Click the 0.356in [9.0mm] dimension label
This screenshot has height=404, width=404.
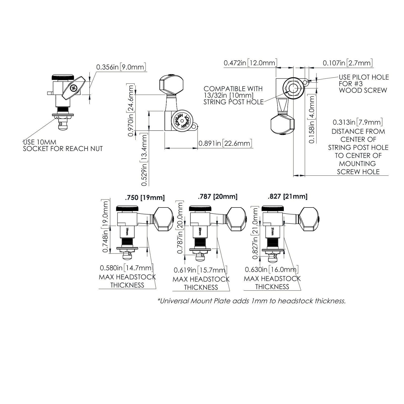point(121,67)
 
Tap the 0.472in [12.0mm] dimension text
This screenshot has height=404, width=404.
point(250,63)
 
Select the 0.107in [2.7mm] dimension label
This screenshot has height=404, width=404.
point(347,63)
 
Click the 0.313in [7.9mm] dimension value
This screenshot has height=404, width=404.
point(358,122)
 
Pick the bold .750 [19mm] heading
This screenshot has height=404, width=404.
point(145,197)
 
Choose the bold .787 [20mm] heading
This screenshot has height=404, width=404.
point(218,196)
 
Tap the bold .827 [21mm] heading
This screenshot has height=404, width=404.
point(288,196)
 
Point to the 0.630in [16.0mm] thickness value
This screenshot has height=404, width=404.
point(272,269)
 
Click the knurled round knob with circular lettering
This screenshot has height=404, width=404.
point(182,121)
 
